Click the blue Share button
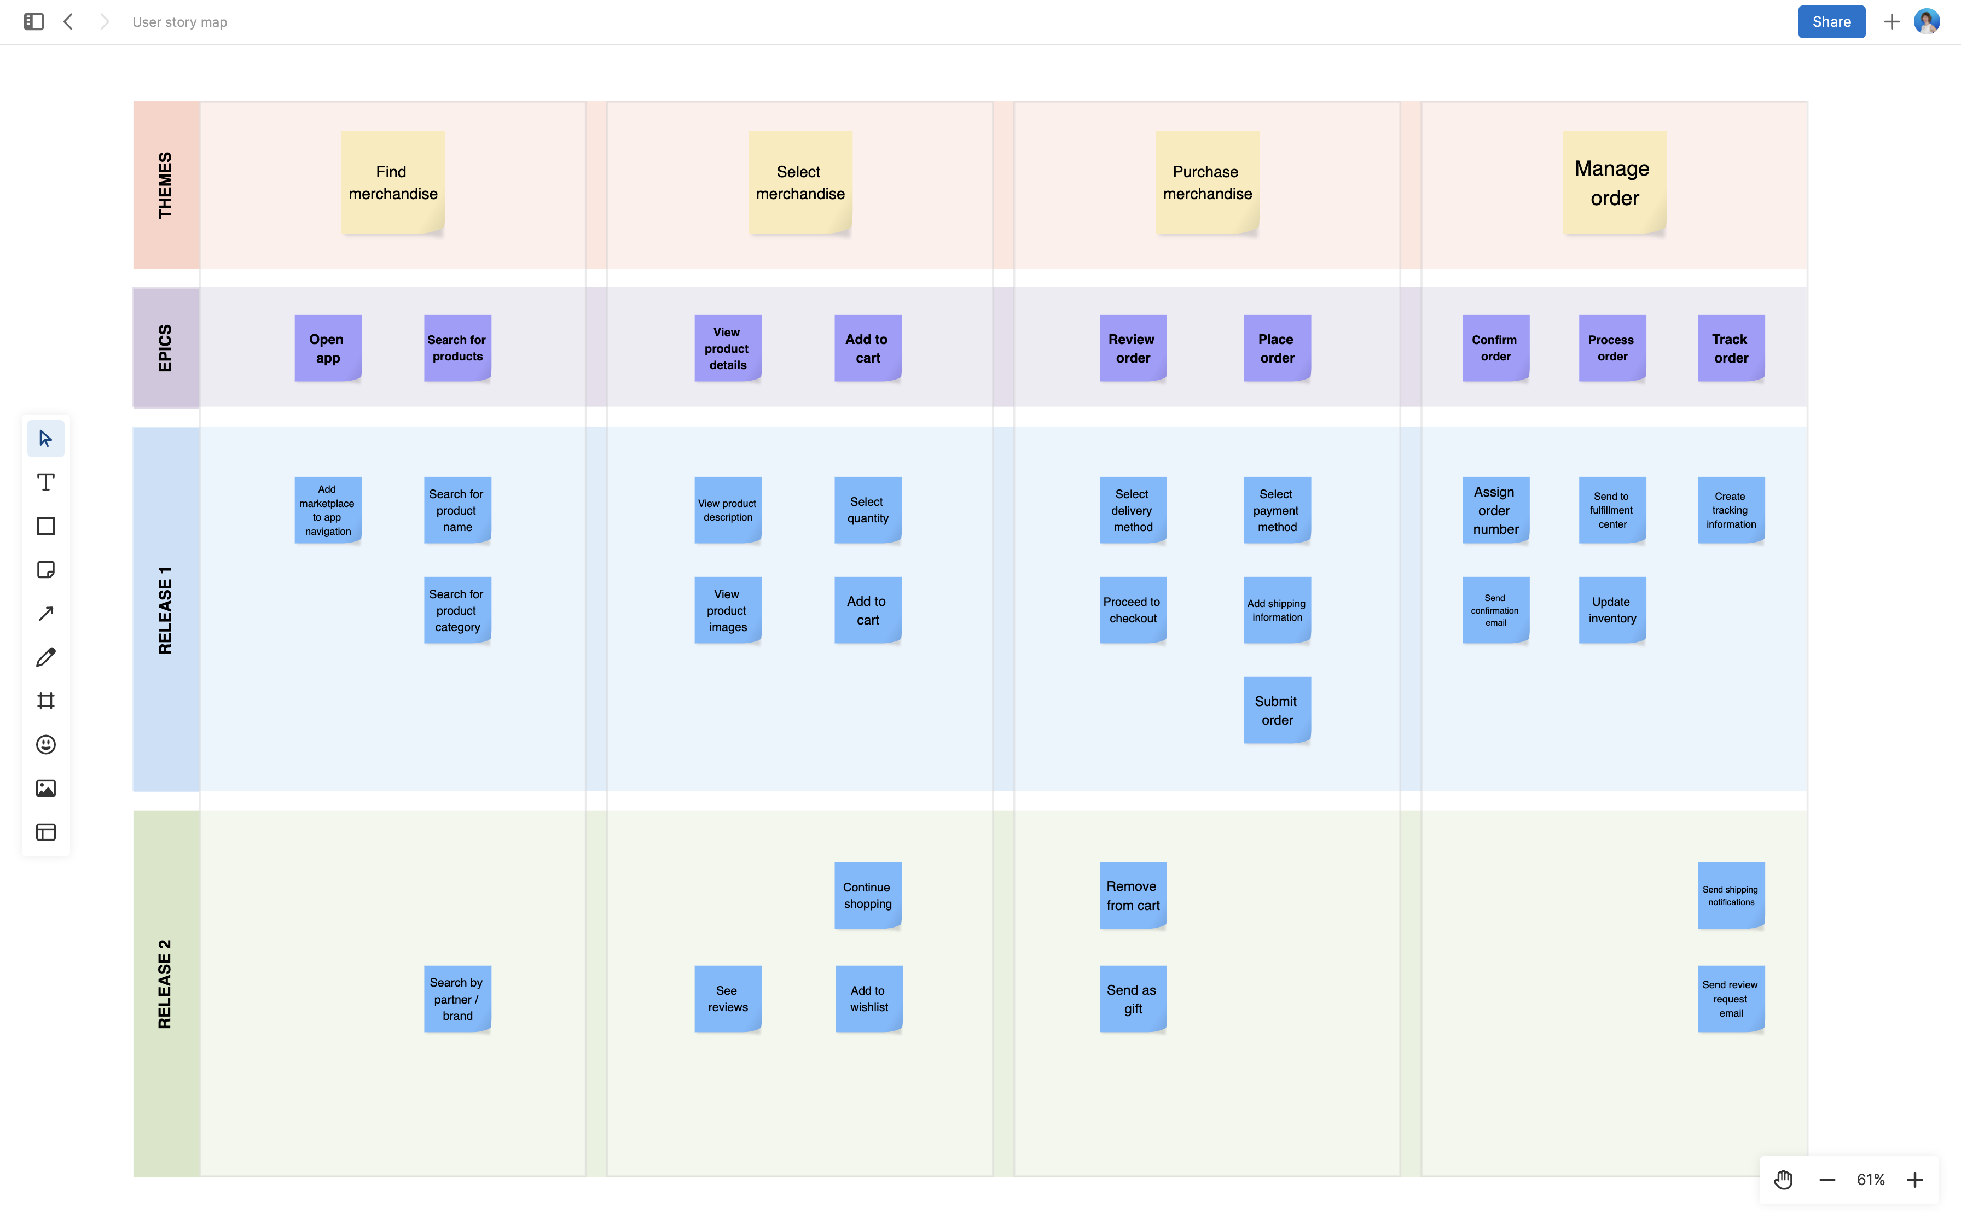coord(1831,22)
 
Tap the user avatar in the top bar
coord(1926,22)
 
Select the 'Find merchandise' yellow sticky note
coord(393,183)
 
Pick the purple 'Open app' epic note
coord(327,348)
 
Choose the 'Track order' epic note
coord(1730,348)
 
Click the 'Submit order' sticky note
coord(1277,710)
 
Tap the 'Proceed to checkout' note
coord(1132,610)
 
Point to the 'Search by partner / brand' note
coord(457,999)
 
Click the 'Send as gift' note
coord(1132,999)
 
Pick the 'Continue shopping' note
coord(867,895)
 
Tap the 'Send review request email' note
coord(1730,999)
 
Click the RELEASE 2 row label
coord(165,984)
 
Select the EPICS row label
coord(165,348)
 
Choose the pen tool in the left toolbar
coord(46,657)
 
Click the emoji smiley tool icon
coord(46,744)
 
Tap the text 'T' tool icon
coord(46,483)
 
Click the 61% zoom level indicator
coord(1870,1180)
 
